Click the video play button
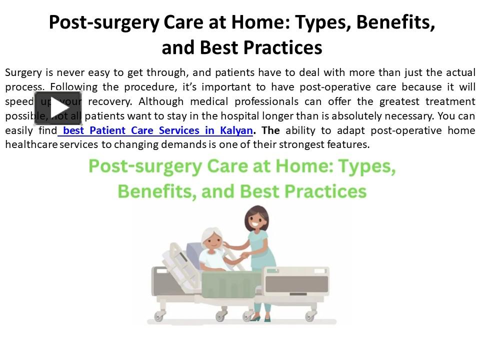(x=58, y=108)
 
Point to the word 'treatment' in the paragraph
(x=450, y=101)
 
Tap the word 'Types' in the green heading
(x=367, y=167)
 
